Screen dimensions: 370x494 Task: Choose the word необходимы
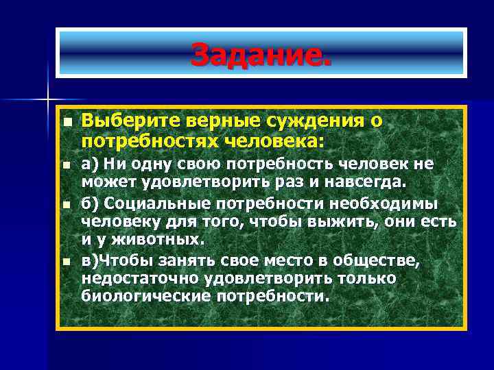(390, 205)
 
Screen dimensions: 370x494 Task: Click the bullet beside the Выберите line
(66, 121)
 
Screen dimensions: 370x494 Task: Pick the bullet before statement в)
(66, 262)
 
